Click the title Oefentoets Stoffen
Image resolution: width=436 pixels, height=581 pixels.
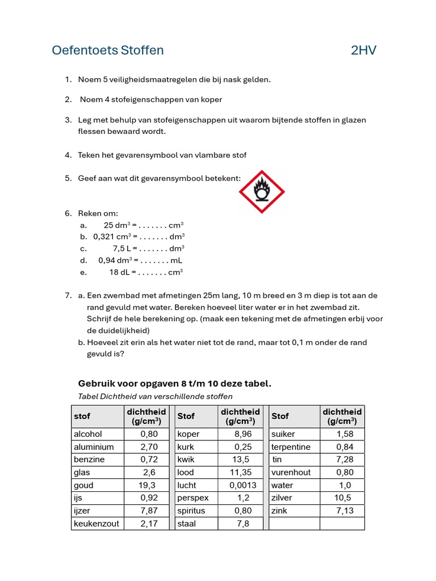pyautogui.click(x=108, y=50)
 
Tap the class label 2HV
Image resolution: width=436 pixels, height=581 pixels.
pyautogui.click(x=363, y=50)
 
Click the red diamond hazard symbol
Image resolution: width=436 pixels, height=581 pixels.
pyautogui.click(x=261, y=192)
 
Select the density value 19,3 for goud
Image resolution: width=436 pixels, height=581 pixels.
pyautogui.click(x=146, y=485)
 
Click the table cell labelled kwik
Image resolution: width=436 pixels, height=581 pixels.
pyautogui.click(x=186, y=460)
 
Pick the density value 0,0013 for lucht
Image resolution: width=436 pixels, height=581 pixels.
pyautogui.click(x=242, y=485)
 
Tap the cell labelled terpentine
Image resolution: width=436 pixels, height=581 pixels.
pyautogui.click(x=291, y=447)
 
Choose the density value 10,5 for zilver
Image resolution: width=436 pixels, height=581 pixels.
pyautogui.click(x=342, y=498)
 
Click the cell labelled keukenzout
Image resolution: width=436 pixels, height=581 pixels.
pyautogui.click(x=97, y=524)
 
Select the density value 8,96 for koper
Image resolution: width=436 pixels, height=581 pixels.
pyautogui.click(x=242, y=434)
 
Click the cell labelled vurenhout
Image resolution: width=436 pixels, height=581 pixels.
pyautogui.click(x=291, y=472)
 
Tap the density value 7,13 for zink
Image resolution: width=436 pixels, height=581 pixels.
pyautogui.click(x=345, y=511)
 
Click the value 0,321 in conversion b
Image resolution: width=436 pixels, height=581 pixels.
pyautogui.click(x=105, y=237)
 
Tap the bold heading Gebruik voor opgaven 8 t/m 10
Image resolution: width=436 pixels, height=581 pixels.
pyautogui.click(x=174, y=384)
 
